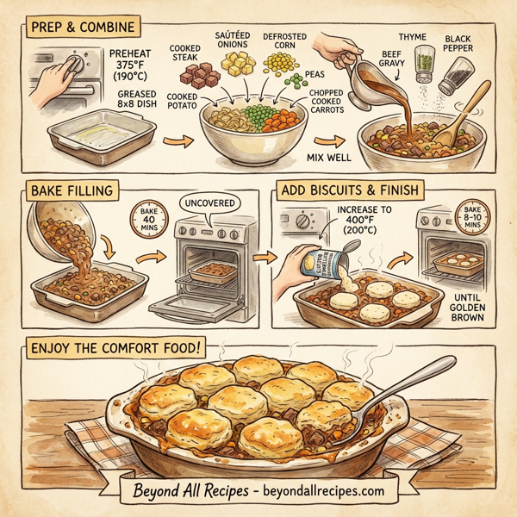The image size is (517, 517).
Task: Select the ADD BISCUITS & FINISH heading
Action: pos(353,190)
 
